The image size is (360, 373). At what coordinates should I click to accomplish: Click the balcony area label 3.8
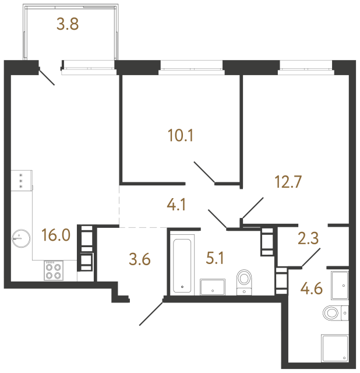pyautogui.click(x=68, y=24)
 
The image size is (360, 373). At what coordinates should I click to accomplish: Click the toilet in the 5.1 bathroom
pyautogui.click(x=245, y=280)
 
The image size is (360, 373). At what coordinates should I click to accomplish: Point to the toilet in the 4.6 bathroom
pyautogui.click(x=335, y=313)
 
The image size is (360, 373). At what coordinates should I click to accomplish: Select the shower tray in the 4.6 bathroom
pyautogui.click(x=335, y=349)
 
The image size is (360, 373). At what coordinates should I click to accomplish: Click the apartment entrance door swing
pyautogui.click(x=151, y=312)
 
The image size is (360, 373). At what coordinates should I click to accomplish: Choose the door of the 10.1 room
pyautogui.click(x=205, y=174)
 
